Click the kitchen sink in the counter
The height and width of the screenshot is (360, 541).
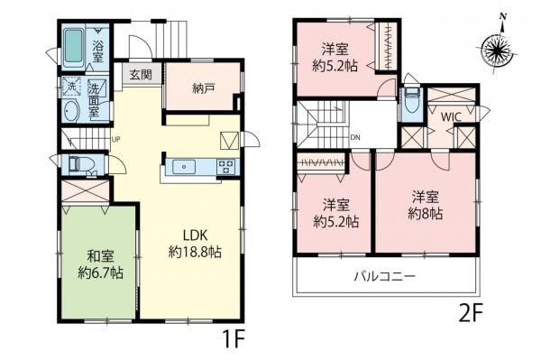187,165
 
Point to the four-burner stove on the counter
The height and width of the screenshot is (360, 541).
225,165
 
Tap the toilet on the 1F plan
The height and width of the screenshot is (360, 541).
79,164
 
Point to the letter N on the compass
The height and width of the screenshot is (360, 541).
502,15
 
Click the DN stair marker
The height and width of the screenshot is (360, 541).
356,136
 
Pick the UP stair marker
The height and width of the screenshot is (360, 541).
115,138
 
